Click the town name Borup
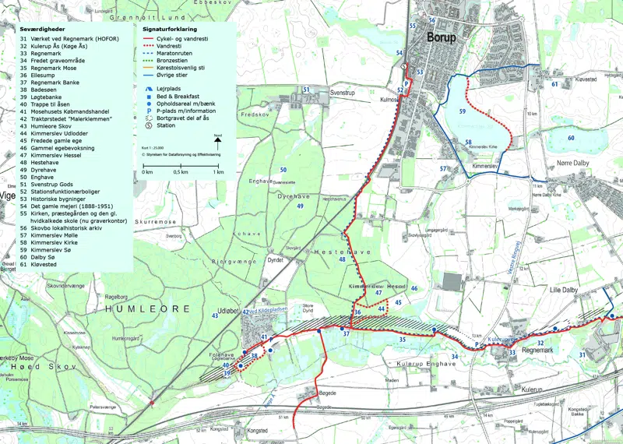pos(442,37)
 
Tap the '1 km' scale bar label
pos(218,171)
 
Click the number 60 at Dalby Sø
pos(571,138)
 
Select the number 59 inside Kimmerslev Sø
pos(462,112)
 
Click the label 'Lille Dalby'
pos(567,290)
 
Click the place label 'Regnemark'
pos(540,352)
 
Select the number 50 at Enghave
pos(283,170)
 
